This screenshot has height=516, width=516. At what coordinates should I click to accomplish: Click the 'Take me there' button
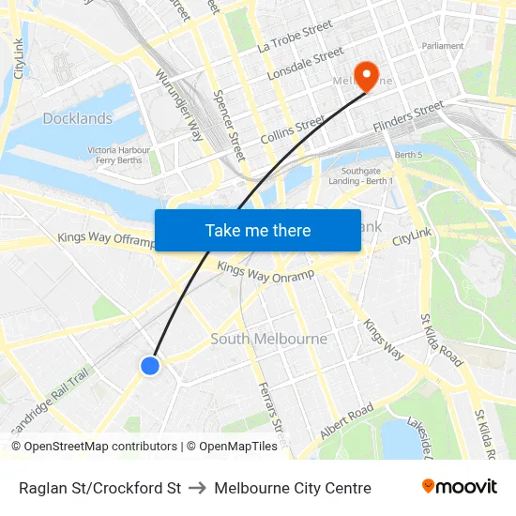258,230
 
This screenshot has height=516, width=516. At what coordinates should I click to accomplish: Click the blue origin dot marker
150,365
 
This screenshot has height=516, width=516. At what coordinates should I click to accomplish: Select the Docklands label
77,118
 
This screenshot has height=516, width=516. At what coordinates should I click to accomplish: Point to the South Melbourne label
269,339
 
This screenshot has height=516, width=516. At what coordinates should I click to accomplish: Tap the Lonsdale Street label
306,64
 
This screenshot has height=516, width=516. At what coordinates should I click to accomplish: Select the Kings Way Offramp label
106,239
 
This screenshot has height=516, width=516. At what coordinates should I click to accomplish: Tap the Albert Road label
346,421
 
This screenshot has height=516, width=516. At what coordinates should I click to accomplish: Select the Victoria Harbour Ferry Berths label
119,155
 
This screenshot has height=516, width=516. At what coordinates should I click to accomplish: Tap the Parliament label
443,45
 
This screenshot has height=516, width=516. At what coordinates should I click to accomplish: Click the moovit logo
460,487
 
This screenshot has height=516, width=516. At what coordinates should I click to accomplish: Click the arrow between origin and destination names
198,488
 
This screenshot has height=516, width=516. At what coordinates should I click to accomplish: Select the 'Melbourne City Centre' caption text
293,488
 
